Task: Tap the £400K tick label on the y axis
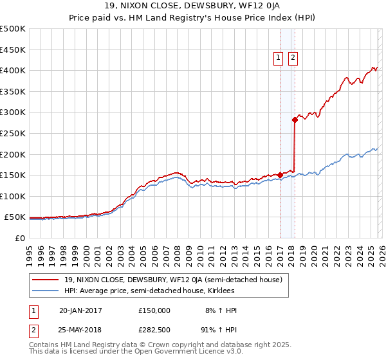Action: (x=12, y=70)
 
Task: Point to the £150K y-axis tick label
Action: (x=12, y=175)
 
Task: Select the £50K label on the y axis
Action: (x=15, y=217)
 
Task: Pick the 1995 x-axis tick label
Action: (x=30, y=253)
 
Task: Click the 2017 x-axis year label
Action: (x=281, y=253)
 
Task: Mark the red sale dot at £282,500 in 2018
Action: (x=295, y=120)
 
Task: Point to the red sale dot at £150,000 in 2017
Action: (x=280, y=175)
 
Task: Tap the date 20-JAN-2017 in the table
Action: (x=80, y=310)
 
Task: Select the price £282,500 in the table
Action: (x=154, y=330)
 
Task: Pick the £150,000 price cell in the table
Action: (x=154, y=310)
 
